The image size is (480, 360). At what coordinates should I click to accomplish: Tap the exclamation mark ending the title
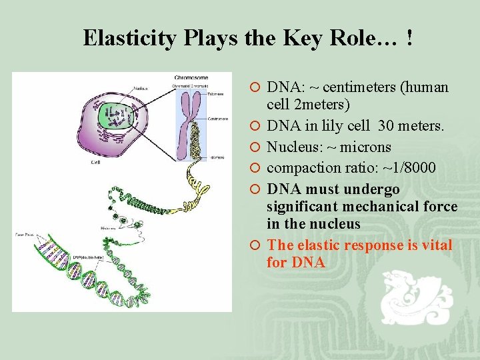point(408,38)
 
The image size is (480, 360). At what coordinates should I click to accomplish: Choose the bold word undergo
point(374,189)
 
